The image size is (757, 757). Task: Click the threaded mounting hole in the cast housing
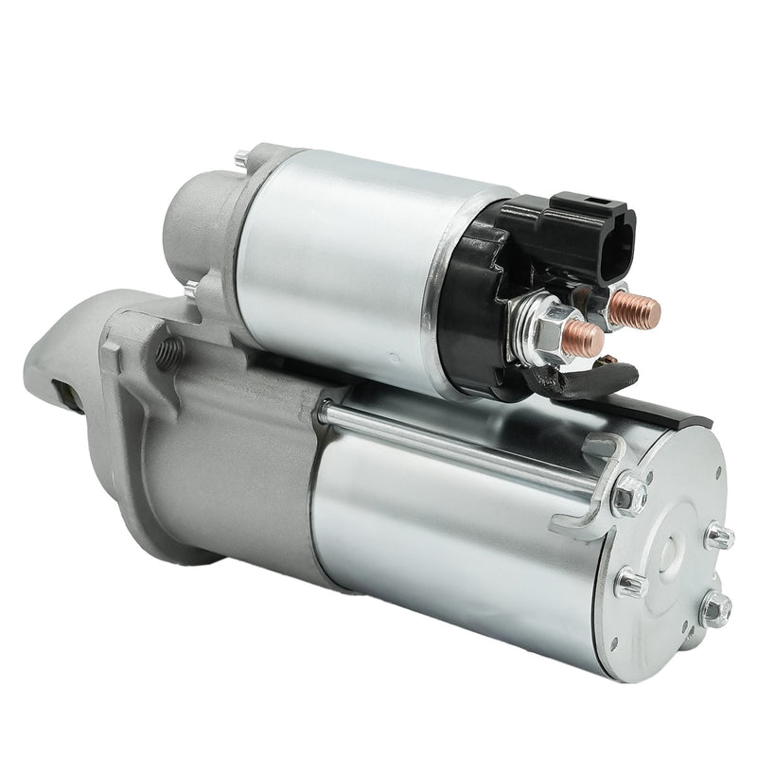pyautogui.click(x=168, y=353)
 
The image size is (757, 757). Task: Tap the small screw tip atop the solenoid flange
pyautogui.click(x=242, y=156)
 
